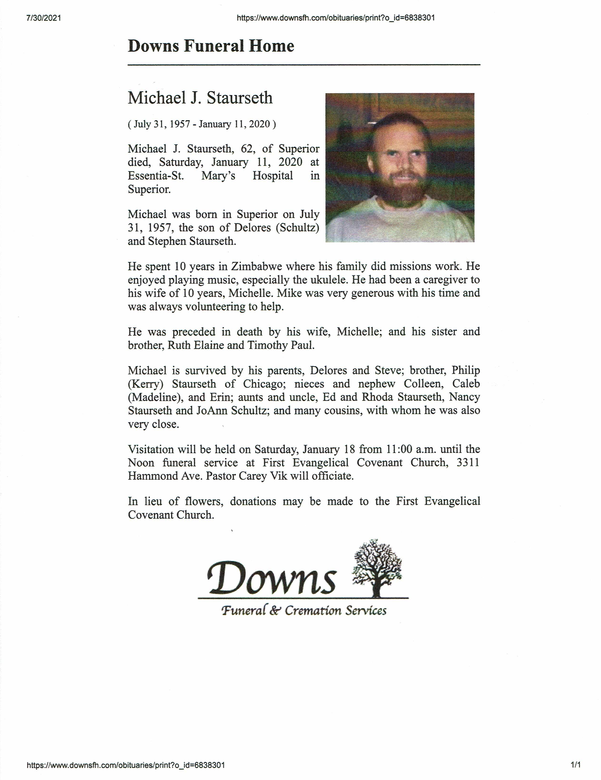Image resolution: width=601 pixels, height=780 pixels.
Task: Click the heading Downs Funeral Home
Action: [211, 46]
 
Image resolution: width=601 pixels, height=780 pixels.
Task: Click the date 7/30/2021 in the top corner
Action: [44, 18]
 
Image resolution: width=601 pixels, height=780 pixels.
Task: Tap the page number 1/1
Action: [575, 765]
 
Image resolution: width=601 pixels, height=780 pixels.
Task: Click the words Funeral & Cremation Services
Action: [304, 610]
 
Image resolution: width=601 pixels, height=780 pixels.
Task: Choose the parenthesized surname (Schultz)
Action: [297, 228]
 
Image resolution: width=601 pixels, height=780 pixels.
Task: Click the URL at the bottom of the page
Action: [126, 765]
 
